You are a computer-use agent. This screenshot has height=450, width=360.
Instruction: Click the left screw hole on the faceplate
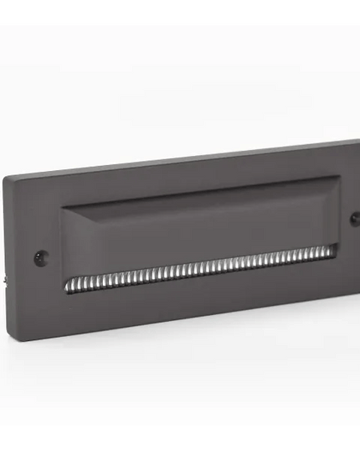click(39, 256)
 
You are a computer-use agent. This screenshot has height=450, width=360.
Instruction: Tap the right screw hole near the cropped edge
click(355, 216)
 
